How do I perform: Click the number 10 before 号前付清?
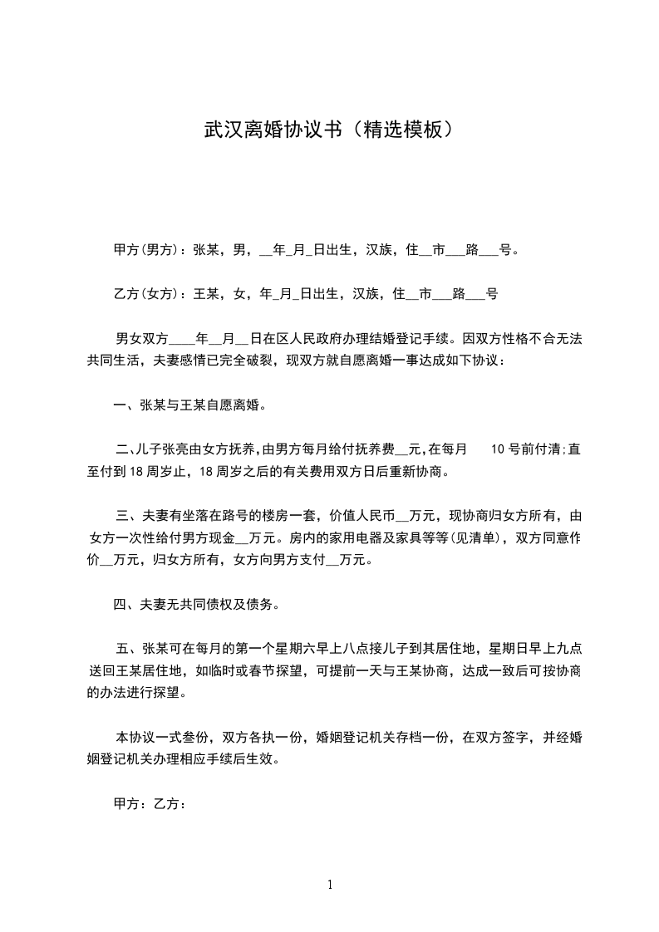pos(499,451)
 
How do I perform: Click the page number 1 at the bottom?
pos(330,885)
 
